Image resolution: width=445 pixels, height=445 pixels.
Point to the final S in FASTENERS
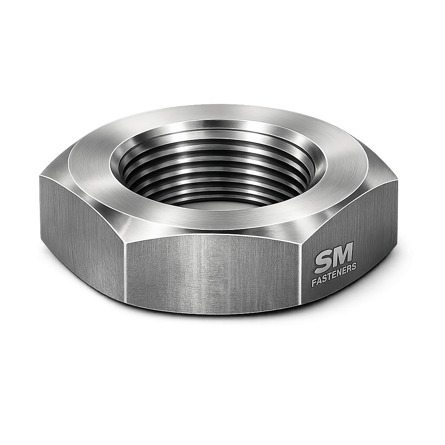pos(355,268)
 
